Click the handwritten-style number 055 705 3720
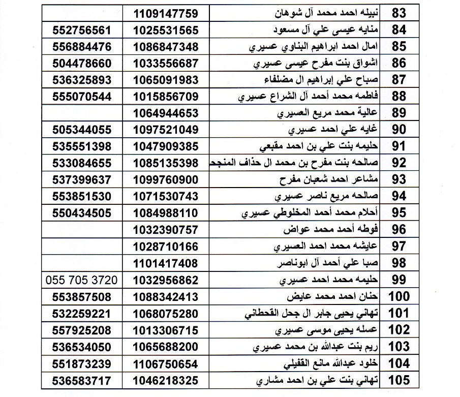tap(81, 280)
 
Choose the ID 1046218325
tap(166, 380)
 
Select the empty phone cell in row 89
tap(82, 113)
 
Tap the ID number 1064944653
tap(166, 113)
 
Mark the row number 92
tap(400, 163)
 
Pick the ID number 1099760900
tap(166, 180)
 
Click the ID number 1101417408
tap(166, 263)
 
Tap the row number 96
tap(400, 230)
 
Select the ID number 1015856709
tap(166, 97)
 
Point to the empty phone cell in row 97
tap(82, 247)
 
